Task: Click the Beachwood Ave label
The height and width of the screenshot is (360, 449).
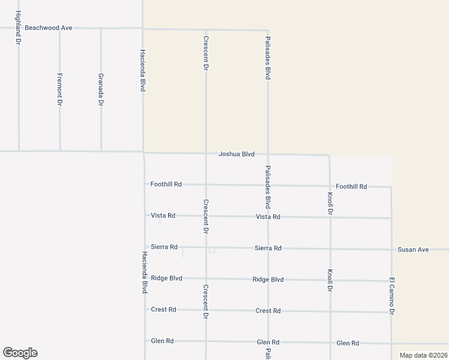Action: coord(48,28)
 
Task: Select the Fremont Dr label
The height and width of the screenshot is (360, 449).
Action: coord(59,89)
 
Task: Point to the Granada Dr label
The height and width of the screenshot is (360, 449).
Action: coord(101,90)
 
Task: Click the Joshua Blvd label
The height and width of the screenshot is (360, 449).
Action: coord(237,154)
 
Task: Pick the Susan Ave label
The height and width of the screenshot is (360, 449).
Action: coord(413,249)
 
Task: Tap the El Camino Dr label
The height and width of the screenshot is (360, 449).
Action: coord(391,296)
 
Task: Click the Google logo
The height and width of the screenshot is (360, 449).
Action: coord(20,353)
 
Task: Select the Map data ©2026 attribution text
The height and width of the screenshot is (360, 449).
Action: coord(424,355)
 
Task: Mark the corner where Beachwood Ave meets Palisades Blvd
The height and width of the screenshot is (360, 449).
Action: coord(268,29)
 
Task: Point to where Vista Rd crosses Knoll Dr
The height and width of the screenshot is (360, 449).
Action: coord(330,217)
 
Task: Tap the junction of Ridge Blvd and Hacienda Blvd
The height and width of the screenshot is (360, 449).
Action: coord(145,278)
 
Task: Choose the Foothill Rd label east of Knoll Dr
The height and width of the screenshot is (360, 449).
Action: coord(351,187)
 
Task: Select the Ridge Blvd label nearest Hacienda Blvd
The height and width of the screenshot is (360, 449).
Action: coord(166,278)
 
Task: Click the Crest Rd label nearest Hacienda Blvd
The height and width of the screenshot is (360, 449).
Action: coord(163,310)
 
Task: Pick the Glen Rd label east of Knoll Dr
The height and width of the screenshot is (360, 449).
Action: coord(348,343)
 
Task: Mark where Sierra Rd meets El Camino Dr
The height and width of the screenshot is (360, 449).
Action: coord(391,249)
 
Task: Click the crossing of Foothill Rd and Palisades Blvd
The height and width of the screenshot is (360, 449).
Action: coord(268,185)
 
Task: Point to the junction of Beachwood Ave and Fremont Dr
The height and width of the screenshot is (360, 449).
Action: coord(59,28)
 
